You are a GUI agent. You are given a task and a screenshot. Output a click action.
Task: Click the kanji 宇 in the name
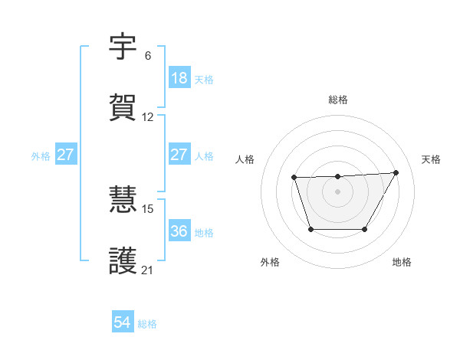tap(123, 47)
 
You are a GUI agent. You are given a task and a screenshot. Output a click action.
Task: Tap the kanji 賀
tap(123, 108)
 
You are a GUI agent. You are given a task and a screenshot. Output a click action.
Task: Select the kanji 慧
tap(123, 200)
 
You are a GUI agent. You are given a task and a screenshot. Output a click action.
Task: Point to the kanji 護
tap(123, 260)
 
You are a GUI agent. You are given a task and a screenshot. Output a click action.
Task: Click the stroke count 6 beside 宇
tap(148, 56)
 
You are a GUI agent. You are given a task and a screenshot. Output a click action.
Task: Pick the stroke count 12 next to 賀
tap(148, 117)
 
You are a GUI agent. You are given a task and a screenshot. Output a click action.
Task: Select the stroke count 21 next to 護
tap(148, 270)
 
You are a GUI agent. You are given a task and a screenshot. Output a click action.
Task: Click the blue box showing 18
tap(179, 78)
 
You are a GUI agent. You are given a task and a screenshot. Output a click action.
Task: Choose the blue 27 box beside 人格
tap(179, 155)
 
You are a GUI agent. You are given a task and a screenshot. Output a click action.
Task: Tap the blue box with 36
tap(179, 231)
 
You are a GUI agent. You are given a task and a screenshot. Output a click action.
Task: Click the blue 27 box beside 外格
tap(65, 155)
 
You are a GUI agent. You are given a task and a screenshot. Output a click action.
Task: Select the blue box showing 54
tap(123, 323)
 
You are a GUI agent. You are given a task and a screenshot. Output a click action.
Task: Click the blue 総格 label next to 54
tap(147, 324)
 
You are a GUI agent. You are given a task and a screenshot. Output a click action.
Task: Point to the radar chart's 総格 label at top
tap(337, 100)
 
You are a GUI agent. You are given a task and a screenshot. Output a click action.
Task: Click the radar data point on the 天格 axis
tap(396, 172)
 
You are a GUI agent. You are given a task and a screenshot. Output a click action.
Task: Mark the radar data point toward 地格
tap(365, 229)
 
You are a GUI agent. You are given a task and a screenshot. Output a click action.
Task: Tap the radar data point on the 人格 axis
tap(294, 178)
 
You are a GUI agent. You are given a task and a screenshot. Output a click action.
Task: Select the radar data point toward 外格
tap(310, 229)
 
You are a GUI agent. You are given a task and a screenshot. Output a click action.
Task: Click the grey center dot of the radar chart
tap(337, 191)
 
